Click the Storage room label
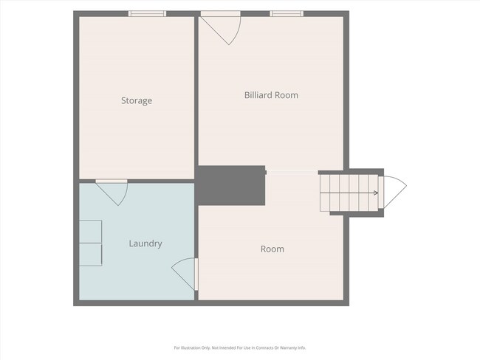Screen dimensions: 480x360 pos(137,100)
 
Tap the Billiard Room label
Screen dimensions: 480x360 pos(271,95)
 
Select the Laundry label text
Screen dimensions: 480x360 pos(145,243)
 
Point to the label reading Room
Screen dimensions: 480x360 pos(272,249)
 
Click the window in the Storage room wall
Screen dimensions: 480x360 pos(147,13)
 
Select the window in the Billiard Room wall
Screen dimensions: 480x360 pos(287,13)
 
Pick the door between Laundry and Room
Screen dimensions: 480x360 pos(185,274)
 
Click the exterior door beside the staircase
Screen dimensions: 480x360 pos(394,193)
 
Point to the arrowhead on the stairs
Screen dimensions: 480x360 pos(376,193)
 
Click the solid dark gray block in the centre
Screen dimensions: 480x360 pos(231,185)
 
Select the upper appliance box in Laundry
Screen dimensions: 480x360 pos(91,232)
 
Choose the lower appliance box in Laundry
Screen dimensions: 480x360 pos(91,255)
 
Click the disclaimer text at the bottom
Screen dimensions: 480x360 pos(240,347)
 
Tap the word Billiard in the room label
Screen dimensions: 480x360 pos(258,95)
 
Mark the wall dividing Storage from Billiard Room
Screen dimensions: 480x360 pos(196,91)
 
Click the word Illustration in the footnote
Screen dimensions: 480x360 pos(191,347)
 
